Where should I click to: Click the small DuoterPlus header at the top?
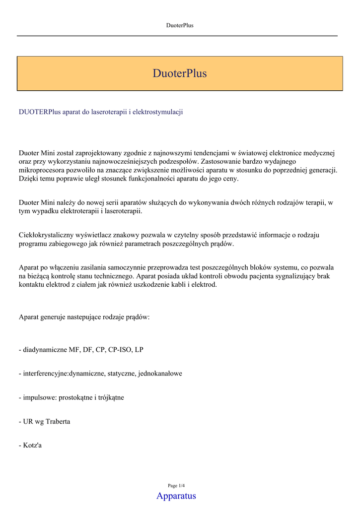(180, 25)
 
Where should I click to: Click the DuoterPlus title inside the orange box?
(180, 73)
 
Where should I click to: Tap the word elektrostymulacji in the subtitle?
(158, 112)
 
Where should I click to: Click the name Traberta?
(58, 421)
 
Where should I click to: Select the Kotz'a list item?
(30, 445)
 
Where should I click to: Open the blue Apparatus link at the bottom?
(176, 496)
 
